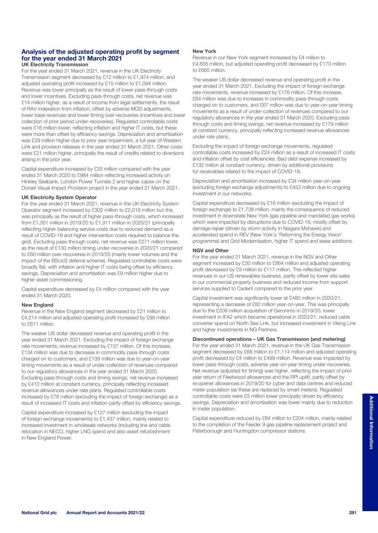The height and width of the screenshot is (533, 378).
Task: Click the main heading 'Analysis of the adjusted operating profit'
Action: [100, 52]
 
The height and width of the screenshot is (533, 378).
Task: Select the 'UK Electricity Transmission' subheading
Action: [55, 64]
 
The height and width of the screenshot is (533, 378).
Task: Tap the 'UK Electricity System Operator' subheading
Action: [59, 197]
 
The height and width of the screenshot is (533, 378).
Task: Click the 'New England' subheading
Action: [37, 305]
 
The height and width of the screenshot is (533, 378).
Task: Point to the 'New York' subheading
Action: [204, 51]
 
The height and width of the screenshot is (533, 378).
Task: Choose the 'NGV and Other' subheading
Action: [210, 251]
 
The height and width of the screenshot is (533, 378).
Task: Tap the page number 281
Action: [353, 512]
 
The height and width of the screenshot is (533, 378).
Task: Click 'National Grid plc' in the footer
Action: [39, 512]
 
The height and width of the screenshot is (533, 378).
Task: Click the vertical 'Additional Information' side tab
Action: [371, 422]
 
